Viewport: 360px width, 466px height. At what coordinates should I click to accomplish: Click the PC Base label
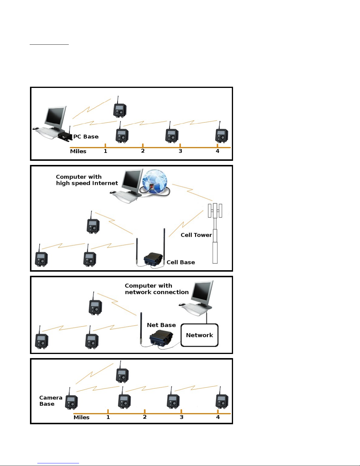point(86,137)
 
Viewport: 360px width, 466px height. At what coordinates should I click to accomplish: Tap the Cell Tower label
point(196,235)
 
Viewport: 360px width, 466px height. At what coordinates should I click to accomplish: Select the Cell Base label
point(181,262)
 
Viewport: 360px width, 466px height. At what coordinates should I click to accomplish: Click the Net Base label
point(161,325)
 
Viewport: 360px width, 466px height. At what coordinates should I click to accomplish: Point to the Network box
point(200,335)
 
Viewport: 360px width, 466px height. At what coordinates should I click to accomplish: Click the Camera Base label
point(51,401)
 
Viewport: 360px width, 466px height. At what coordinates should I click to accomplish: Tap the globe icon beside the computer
point(155,181)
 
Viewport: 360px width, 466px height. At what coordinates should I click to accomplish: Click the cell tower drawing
point(215,232)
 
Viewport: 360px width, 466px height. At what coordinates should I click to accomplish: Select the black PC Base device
point(65,136)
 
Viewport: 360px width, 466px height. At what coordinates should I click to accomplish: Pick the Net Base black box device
point(161,338)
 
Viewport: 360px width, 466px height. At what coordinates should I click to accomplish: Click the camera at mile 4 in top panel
point(221,135)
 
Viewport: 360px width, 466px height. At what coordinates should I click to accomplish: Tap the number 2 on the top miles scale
point(143,151)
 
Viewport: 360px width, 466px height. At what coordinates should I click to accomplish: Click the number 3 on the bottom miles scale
point(182,417)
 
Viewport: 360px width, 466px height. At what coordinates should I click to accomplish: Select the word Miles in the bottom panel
point(81,417)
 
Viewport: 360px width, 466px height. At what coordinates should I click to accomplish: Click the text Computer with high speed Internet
point(87,180)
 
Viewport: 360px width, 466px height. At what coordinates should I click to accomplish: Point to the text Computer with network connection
point(157,289)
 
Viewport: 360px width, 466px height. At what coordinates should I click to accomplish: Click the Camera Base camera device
point(71,402)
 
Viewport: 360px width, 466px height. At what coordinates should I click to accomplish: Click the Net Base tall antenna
point(141,328)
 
